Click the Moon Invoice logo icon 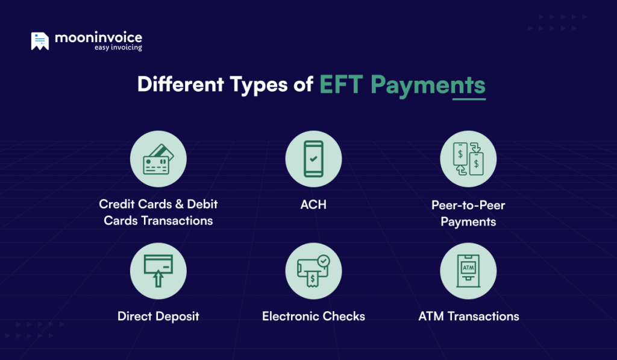coord(40,41)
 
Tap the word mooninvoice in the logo coord(98,37)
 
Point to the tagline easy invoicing coord(118,48)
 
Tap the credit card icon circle coord(158,159)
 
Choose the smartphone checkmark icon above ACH coord(313,159)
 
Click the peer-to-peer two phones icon coord(468,159)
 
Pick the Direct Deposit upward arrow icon coord(158,271)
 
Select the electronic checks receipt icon coord(313,271)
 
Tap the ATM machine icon coord(468,271)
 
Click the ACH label coord(313,205)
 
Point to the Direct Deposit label coord(158,316)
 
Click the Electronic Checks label coord(313,316)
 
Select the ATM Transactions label coord(468,316)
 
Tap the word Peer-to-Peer coord(468,205)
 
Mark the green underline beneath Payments coord(469,99)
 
